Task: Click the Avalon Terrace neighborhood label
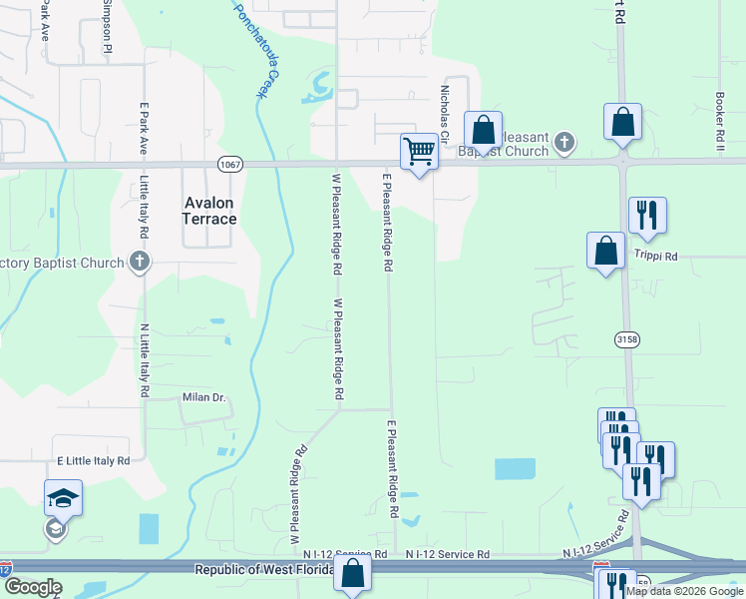(210, 211)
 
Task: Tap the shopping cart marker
(419, 153)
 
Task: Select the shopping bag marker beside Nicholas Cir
(483, 130)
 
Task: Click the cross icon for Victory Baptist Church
(140, 264)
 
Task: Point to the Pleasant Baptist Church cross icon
(563, 143)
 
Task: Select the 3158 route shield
(625, 339)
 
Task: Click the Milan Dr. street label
(203, 397)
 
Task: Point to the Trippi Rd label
(655, 257)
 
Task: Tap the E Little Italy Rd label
(94, 461)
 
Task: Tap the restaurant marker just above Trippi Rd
(647, 215)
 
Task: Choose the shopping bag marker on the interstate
(352, 574)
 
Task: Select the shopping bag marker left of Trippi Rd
(606, 251)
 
